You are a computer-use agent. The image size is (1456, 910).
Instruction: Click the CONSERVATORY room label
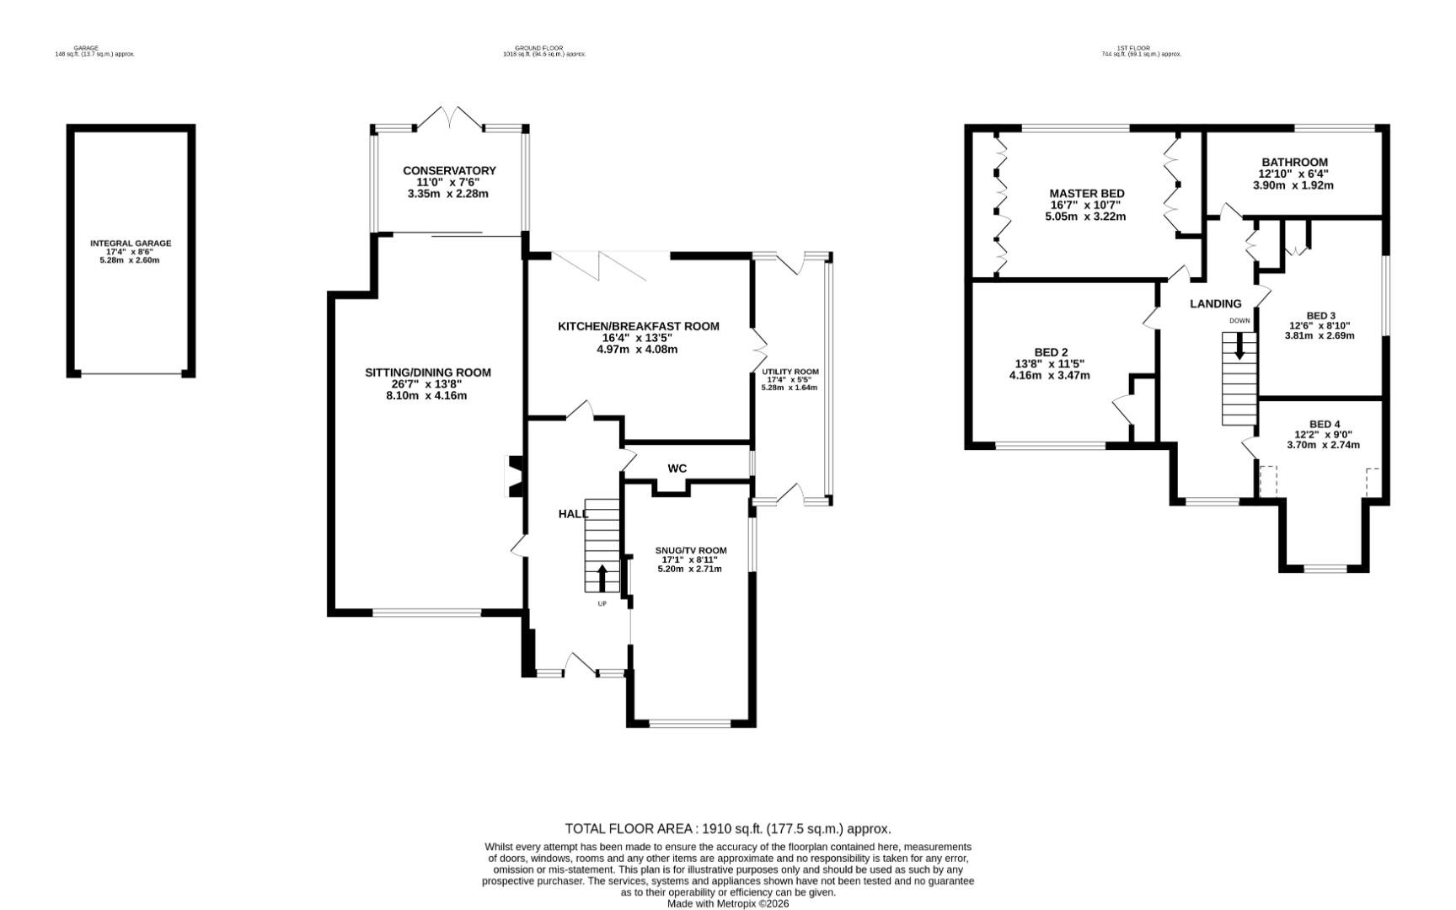[449, 170]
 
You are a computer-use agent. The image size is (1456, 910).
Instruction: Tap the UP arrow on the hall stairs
[602, 579]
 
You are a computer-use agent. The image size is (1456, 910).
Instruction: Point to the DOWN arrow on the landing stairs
[1239, 345]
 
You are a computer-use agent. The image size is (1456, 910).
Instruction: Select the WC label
[677, 468]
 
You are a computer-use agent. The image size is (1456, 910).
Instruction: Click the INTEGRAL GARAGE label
[131, 244]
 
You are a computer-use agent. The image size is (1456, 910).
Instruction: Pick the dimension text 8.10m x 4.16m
[427, 395]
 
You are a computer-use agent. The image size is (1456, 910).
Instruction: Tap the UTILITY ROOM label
[790, 372]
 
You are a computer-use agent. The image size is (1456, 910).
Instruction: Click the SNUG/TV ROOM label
[690, 550]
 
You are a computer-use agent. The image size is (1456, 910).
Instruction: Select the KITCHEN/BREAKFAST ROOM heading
[638, 326]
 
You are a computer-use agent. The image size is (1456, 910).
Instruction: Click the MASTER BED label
[1086, 193]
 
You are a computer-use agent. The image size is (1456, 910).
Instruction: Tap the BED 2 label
[1051, 352]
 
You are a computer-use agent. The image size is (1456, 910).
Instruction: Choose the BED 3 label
[1320, 316]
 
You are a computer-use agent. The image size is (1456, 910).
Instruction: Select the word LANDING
[1215, 303]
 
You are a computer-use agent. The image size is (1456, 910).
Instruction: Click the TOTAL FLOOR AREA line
[727, 828]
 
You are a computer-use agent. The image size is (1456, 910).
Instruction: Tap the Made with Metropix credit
[727, 903]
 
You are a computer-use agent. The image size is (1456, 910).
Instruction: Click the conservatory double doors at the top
[449, 118]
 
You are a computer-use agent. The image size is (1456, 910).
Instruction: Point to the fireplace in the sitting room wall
[512, 476]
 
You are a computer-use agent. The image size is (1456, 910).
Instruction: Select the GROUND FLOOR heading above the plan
[538, 48]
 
